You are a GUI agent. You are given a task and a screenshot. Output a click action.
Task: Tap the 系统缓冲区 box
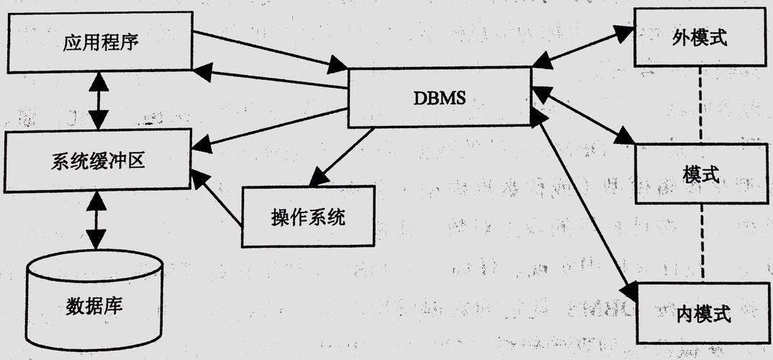[x=99, y=161]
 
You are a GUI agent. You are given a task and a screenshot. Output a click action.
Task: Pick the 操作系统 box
[x=308, y=216]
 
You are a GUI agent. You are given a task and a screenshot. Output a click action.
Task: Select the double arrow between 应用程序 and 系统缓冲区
[x=98, y=101]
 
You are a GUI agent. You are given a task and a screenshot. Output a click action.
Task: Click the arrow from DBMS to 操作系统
[x=342, y=155]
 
